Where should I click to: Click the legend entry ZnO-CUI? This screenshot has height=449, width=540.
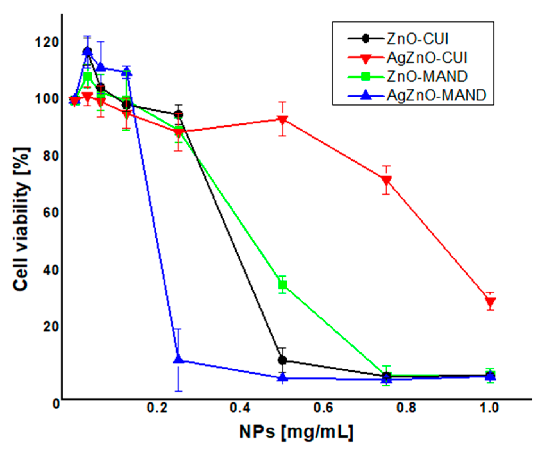click(x=417, y=38)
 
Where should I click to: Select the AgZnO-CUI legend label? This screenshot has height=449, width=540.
click(x=426, y=58)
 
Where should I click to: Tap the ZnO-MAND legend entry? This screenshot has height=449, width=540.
click(x=426, y=76)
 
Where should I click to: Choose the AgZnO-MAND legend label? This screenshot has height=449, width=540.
click(x=436, y=95)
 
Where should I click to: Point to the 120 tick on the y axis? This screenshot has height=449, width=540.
click(x=47, y=42)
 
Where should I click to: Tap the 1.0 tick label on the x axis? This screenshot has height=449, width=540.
click(x=489, y=408)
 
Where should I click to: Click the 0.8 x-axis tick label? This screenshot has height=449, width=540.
click(x=406, y=408)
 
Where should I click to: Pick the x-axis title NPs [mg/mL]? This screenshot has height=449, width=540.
click(x=296, y=432)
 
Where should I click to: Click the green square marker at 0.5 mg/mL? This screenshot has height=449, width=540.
click(x=282, y=285)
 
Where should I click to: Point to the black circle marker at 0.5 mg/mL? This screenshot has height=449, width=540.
click(x=282, y=360)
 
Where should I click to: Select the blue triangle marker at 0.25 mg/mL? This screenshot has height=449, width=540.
click(x=179, y=359)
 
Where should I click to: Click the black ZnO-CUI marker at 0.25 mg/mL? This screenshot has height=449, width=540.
click(x=179, y=114)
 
